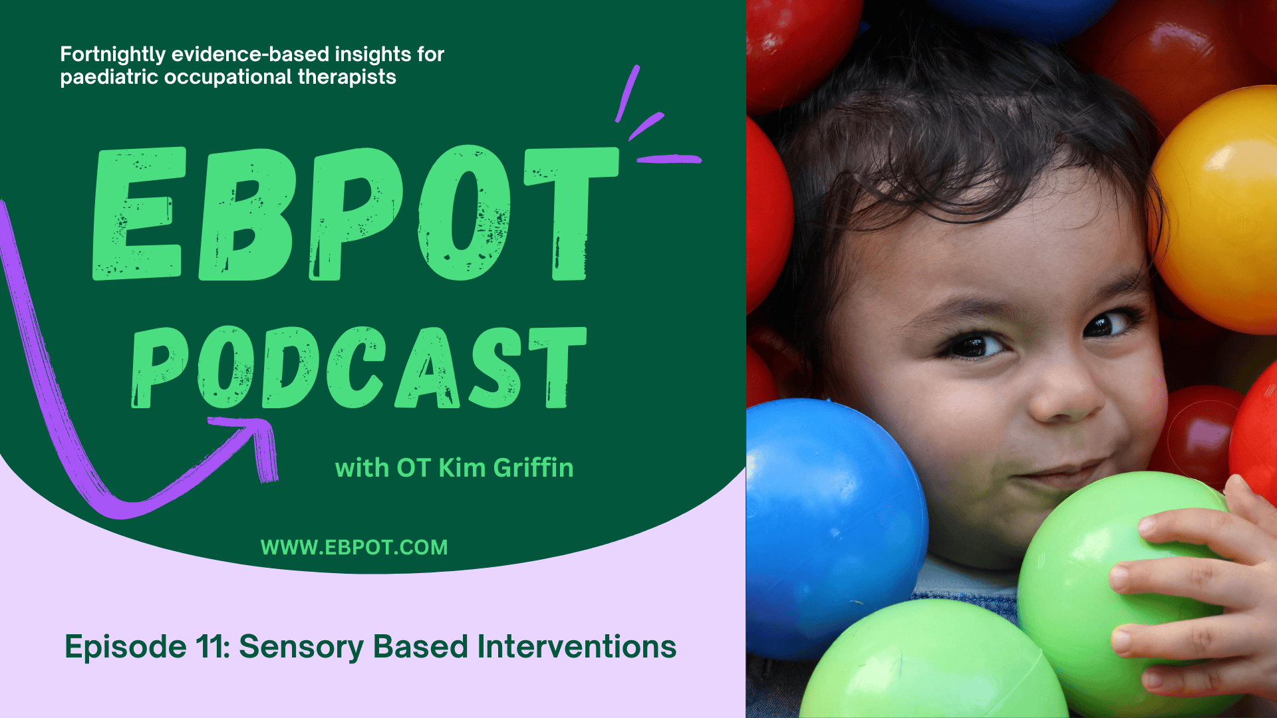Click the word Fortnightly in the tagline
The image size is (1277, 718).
(x=112, y=55)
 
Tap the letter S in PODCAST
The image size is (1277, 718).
(x=496, y=368)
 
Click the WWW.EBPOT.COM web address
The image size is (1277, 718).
(x=354, y=547)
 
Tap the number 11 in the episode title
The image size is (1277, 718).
(x=212, y=647)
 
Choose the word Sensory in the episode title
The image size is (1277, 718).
(x=301, y=647)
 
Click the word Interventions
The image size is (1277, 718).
(x=577, y=647)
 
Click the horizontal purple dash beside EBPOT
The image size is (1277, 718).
(x=668, y=159)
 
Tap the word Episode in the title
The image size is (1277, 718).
(x=125, y=647)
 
